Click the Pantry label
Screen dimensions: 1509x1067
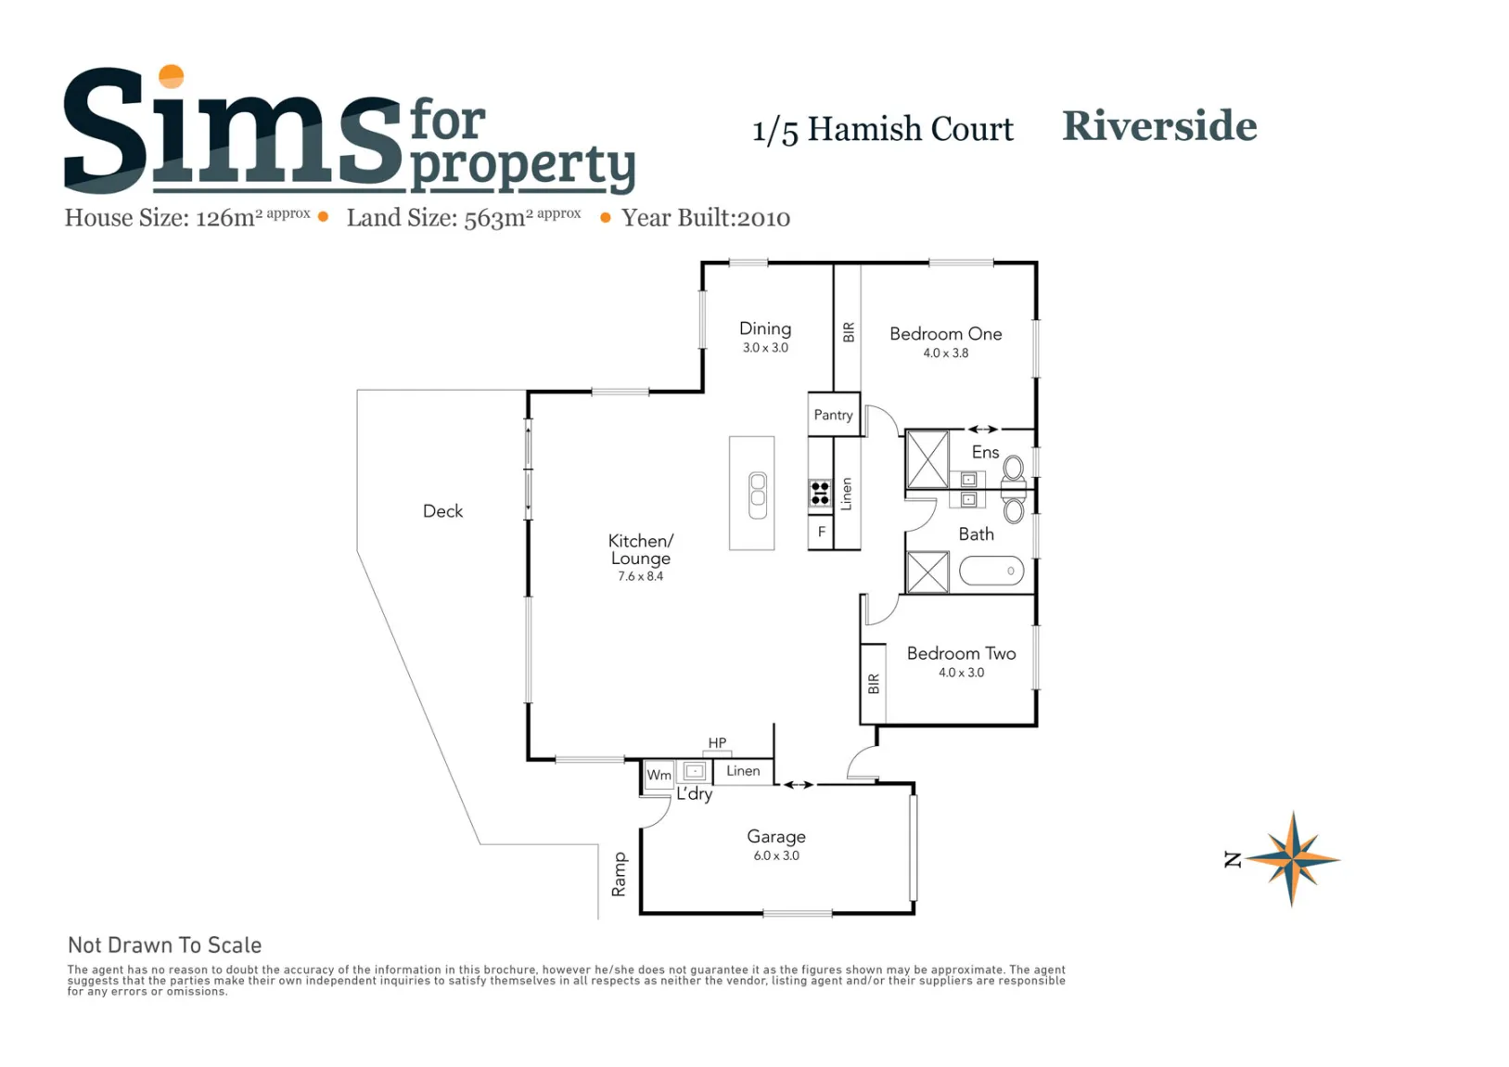[833, 416]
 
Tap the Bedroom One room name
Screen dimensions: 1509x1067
[945, 334]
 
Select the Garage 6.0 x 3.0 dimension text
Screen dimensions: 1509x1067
[776, 855]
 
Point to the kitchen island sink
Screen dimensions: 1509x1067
[757, 495]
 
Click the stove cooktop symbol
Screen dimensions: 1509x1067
[820, 494]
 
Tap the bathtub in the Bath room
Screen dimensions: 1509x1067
[991, 571]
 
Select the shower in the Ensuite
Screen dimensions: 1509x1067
[927, 459]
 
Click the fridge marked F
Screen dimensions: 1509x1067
[821, 532]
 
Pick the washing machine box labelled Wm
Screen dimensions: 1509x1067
[659, 775]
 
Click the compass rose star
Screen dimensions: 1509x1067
[1292, 859]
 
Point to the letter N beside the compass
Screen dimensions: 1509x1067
[1232, 859]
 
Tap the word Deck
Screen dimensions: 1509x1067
[442, 511]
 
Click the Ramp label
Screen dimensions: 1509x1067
[619, 874]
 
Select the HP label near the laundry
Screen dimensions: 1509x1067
[717, 742]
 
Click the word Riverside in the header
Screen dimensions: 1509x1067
[1159, 126]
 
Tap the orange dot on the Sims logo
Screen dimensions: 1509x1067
[171, 76]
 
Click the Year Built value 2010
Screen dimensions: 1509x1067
[763, 218]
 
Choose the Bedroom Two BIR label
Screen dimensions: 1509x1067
[874, 684]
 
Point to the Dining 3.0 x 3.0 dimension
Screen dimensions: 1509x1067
[765, 348]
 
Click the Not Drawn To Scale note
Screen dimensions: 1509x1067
[164, 945]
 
